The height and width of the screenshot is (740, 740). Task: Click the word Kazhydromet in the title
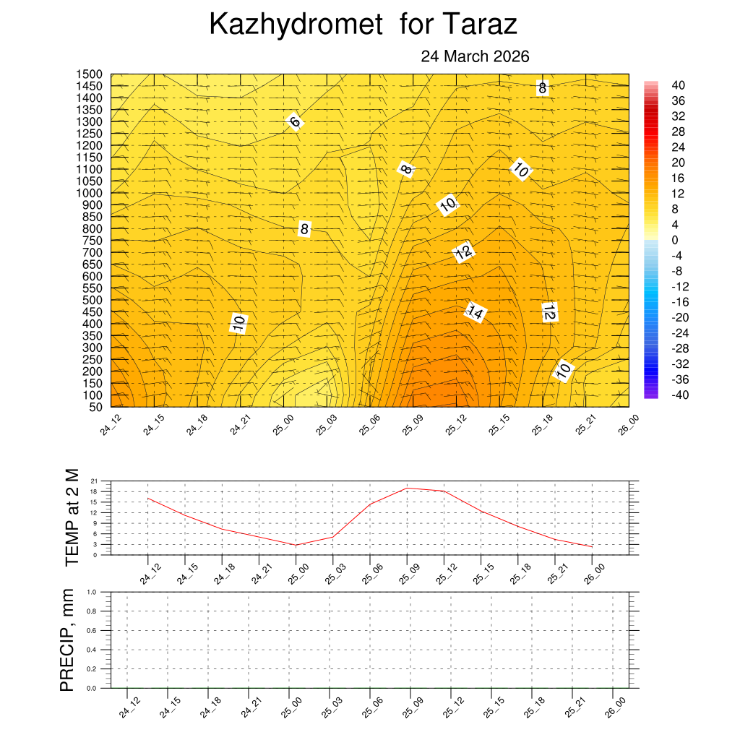296,25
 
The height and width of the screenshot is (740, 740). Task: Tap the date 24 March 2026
475,56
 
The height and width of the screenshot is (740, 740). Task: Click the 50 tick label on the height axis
95,407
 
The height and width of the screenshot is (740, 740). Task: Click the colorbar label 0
675,240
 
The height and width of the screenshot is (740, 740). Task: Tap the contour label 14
475,312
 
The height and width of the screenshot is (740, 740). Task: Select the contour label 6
294,121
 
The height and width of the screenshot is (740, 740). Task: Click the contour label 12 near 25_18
548,312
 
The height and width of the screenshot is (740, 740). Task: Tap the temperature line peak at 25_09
407,488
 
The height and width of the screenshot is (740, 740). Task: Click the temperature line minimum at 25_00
296,545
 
